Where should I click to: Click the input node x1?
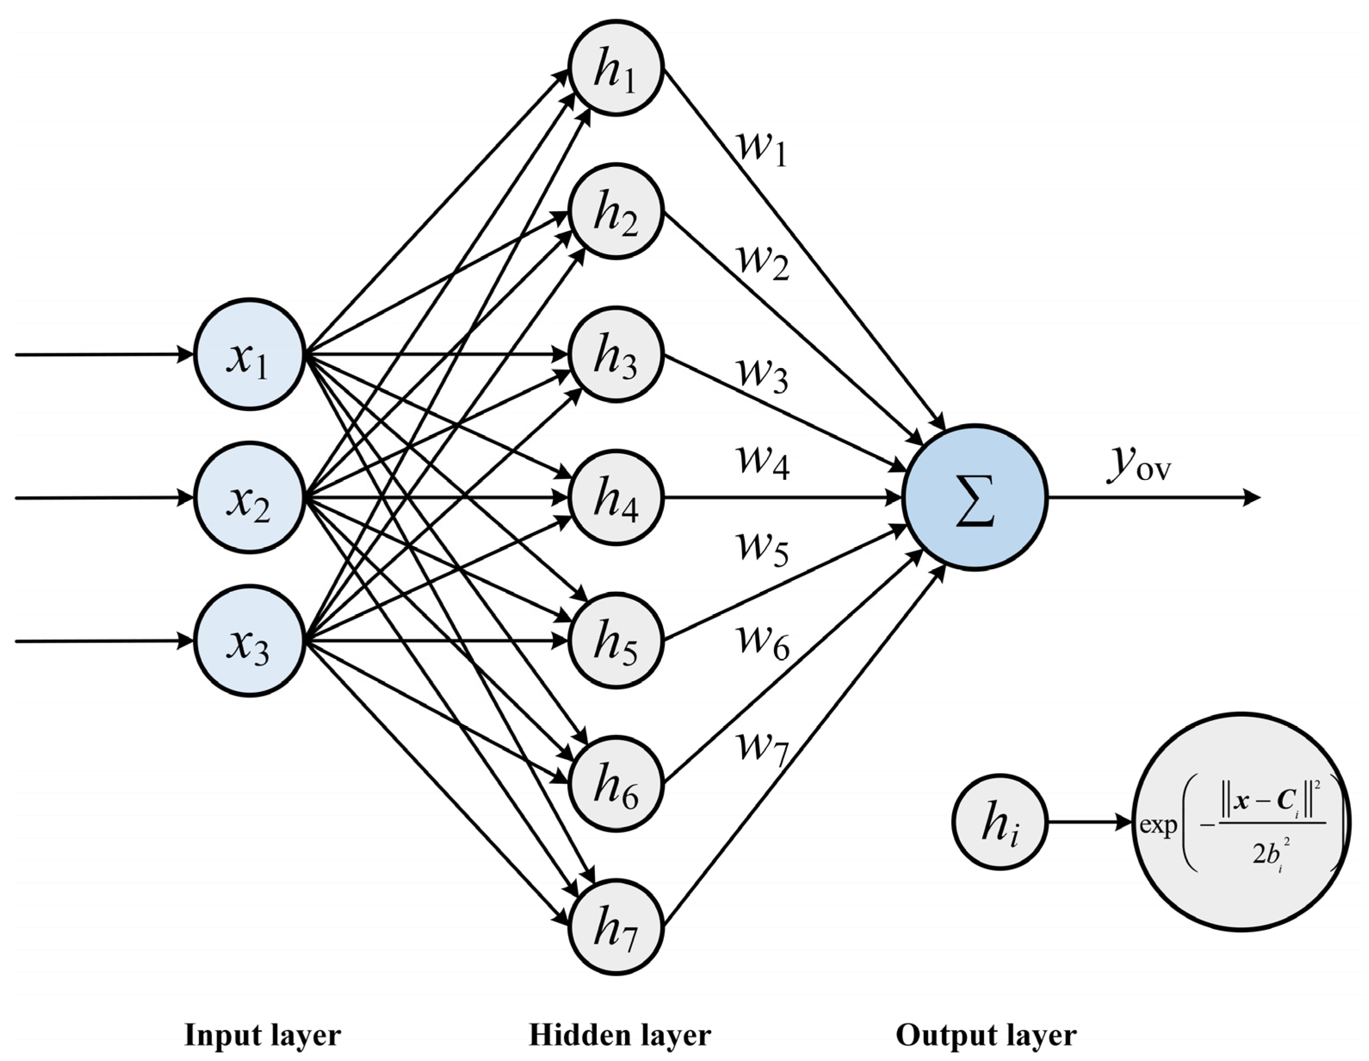[x=250, y=355]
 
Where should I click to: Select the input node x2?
[x=250, y=498]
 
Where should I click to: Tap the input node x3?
[x=250, y=641]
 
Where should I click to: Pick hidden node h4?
[x=616, y=498]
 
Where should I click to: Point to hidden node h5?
[x=616, y=641]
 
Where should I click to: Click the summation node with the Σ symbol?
[x=975, y=498]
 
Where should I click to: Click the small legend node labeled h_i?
[x=1000, y=822]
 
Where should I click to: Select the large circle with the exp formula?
[x=1241, y=822]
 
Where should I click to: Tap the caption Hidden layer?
[x=620, y=1035]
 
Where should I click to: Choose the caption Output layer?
[x=986, y=1035]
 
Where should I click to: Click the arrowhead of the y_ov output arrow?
[x=1251, y=498]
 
